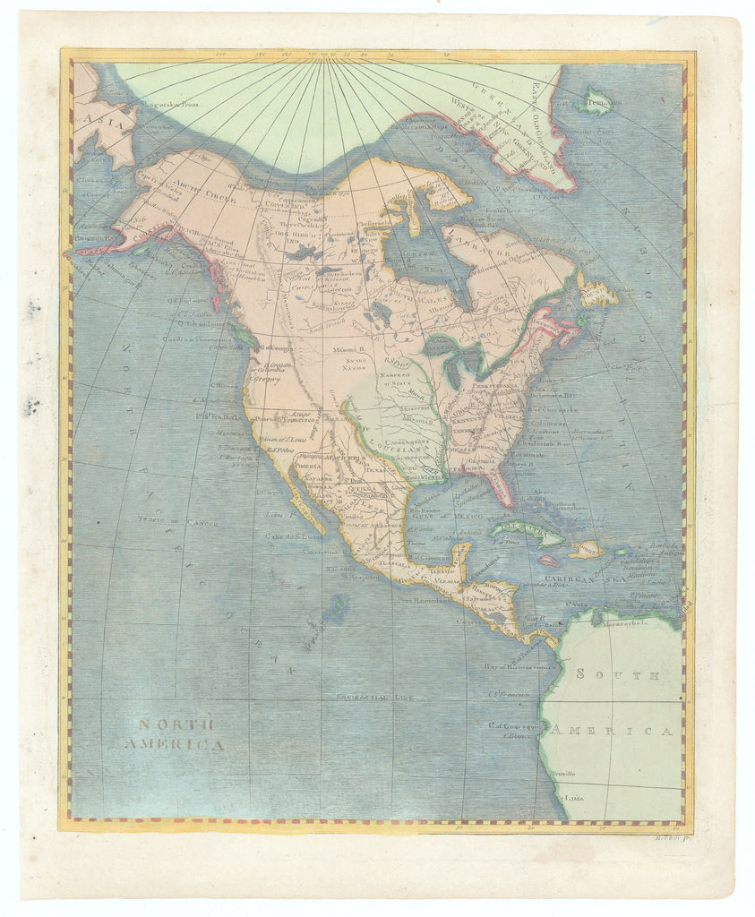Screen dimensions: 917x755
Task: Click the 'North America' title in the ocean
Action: click(x=176, y=734)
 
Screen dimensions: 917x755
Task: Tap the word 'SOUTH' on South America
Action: click(x=618, y=674)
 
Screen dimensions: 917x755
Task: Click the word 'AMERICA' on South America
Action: click(x=612, y=731)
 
